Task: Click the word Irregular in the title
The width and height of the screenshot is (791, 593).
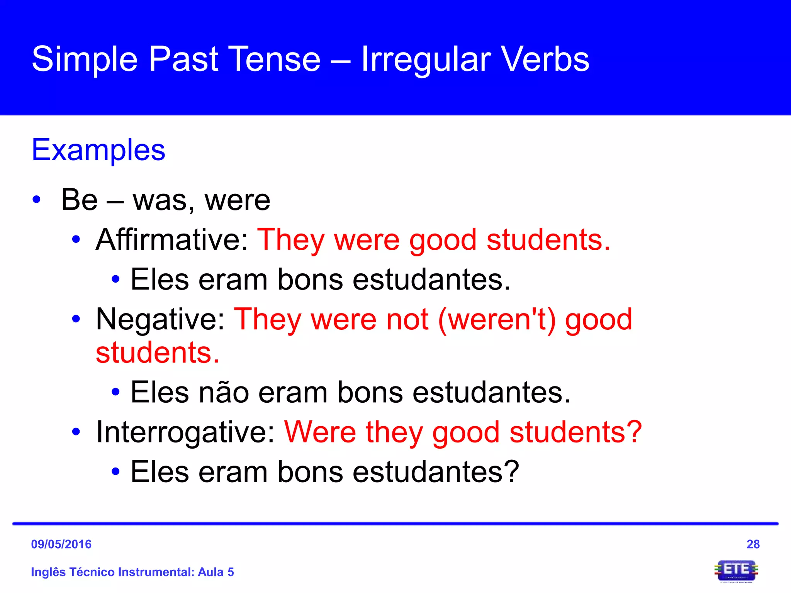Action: click(426, 60)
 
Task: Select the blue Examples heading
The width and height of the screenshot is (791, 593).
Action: click(98, 150)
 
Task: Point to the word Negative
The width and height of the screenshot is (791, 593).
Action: click(160, 319)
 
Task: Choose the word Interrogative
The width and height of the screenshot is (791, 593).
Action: click(185, 432)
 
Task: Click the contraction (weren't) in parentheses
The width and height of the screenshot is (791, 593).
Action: click(497, 319)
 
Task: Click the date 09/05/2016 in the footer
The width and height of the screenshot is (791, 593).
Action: click(61, 544)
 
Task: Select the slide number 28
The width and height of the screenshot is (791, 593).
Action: click(753, 544)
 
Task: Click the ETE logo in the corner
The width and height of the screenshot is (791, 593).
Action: click(736, 571)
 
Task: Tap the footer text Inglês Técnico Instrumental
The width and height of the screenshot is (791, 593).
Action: click(112, 572)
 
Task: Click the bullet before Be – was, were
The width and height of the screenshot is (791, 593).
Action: click(37, 200)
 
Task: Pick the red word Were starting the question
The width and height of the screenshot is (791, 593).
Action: click(320, 432)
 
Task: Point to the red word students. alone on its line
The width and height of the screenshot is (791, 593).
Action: click(158, 353)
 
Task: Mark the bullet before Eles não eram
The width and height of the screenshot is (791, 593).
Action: click(115, 393)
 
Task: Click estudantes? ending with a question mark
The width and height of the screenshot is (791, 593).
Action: click(436, 472)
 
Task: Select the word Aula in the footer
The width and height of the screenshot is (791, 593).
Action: click(210, 572)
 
